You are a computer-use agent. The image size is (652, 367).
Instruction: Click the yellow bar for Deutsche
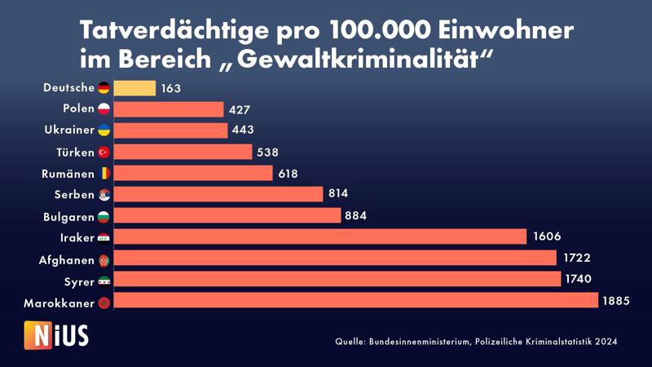pos(134,88)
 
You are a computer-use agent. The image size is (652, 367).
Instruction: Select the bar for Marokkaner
pos(355,302)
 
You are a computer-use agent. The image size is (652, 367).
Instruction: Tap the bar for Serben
pos(218,194)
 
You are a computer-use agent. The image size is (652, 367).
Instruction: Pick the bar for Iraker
pos(319,237)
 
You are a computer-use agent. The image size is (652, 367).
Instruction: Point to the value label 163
pos(171,88)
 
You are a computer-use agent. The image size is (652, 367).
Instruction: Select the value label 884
pos(356,216)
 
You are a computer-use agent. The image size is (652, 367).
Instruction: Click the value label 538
pos(268,152)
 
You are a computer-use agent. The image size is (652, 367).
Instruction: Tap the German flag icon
pos(104,88)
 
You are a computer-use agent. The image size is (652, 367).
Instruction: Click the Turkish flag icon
pos(104,152)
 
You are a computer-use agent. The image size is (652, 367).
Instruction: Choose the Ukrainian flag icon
pos(104,130)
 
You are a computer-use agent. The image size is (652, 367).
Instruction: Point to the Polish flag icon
pos(104,109)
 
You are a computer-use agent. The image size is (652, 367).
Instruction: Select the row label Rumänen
pos(68,174)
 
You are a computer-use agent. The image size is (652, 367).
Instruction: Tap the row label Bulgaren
pos(68,217)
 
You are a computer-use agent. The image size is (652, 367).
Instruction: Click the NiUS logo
pos(56,334)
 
